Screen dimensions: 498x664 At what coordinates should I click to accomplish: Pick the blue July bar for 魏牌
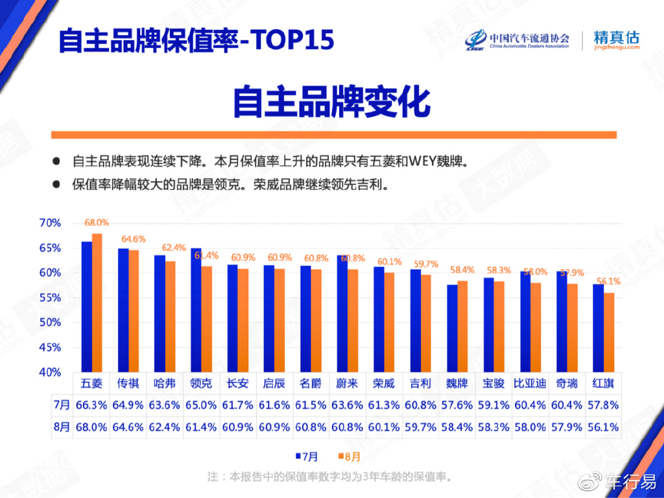[x=452, y=328]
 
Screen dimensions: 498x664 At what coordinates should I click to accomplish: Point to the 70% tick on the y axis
[x=50, y=223]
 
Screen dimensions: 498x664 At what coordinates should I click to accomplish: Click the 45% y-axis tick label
[x=50, y=348]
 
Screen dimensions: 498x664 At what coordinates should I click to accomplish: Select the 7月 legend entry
[x=307, y=455]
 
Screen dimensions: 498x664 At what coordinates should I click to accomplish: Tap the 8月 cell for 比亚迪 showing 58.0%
[x=529, y=427]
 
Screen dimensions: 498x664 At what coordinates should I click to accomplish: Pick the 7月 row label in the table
[x=62, y=405]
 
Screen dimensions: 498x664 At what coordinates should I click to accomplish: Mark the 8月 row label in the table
[x=62, y=427]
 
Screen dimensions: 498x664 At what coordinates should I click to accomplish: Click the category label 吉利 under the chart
[x=420, y=383]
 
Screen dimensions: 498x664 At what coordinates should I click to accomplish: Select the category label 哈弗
[x=165, y=383]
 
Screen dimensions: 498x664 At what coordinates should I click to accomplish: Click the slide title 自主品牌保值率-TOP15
[x=196, y=40]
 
